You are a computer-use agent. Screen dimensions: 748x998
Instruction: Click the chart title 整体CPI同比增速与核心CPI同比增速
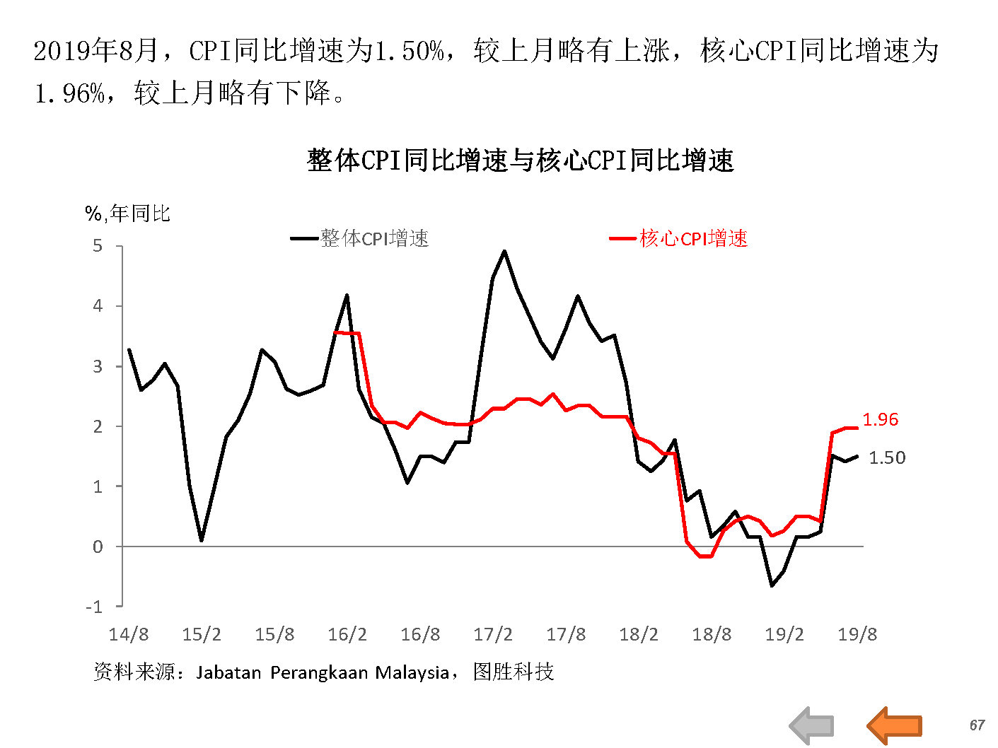click(520, 160)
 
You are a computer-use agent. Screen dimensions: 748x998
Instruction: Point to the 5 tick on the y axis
click(98, 246)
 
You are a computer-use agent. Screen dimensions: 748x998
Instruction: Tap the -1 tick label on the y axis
click(94, 607)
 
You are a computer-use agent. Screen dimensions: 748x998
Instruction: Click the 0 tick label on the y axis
click(98, 547)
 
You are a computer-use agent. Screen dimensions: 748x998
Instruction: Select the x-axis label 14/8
click(129, 634)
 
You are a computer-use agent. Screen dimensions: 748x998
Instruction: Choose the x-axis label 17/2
click(493, 634)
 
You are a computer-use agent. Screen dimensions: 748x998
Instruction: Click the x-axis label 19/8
click(857, 634)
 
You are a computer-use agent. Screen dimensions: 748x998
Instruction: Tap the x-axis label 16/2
click(347, 634)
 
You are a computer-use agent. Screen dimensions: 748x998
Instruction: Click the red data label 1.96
click(880, 419)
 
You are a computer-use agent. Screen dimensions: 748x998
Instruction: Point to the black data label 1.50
click(887, 457)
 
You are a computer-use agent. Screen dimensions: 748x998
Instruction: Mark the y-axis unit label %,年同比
click(128, 213)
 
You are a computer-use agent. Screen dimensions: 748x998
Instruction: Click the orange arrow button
click(895, 725)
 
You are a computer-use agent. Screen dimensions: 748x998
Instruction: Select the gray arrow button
click(812, 725)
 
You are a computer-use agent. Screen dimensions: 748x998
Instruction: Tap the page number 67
click(977, 725)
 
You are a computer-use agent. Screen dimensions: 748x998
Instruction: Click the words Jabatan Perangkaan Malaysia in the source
click(323, 672)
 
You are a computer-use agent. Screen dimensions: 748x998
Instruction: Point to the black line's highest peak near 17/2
click(504, 250)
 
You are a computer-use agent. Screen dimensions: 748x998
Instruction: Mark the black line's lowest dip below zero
click(772, 585)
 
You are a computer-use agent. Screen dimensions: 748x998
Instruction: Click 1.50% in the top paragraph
click(410, 51)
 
